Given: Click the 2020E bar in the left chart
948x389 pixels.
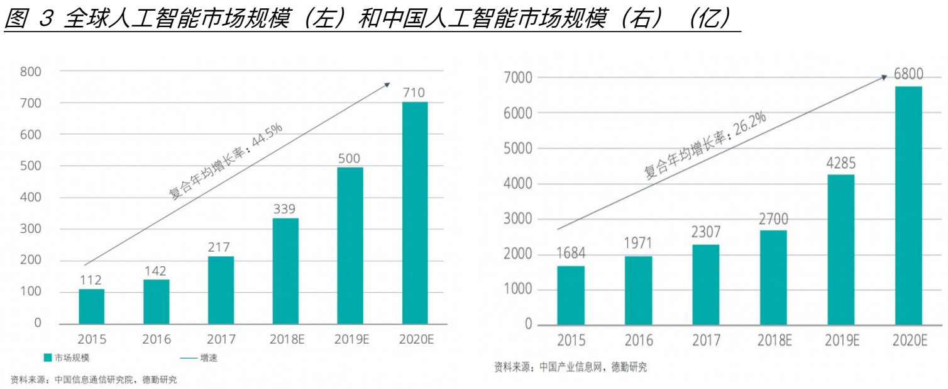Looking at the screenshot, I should tap(415, 213).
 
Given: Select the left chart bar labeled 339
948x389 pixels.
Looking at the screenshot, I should tap(285, 271).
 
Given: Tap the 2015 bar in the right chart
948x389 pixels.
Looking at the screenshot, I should tap(571, 295).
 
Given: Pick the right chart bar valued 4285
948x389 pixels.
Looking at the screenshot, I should tap(841, 250).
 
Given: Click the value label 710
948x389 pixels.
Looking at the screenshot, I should tap(415, 93).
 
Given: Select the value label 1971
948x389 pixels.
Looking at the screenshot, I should tap(638, 244).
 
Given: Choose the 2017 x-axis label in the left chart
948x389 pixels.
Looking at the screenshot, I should tap(221, 340).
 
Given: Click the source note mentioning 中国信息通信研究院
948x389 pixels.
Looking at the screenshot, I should tap(94, 380).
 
